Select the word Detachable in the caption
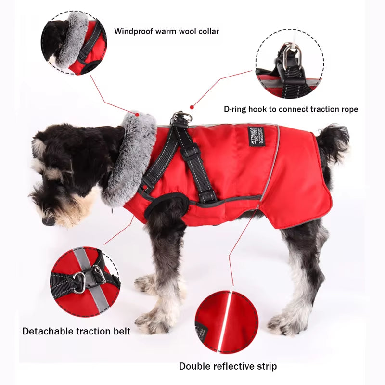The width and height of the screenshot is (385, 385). (x=46, y=331)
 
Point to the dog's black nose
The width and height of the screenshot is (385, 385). (x=48, y=221)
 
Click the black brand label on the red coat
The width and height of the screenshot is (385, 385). (x=255, y=137)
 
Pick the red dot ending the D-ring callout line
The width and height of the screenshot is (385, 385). (x=192, y=107)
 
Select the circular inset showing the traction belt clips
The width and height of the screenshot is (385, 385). (x=84, y=282)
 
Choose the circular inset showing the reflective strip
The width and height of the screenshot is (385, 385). (x=226, y=321)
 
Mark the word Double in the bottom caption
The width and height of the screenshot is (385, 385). (x=193, y=366)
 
